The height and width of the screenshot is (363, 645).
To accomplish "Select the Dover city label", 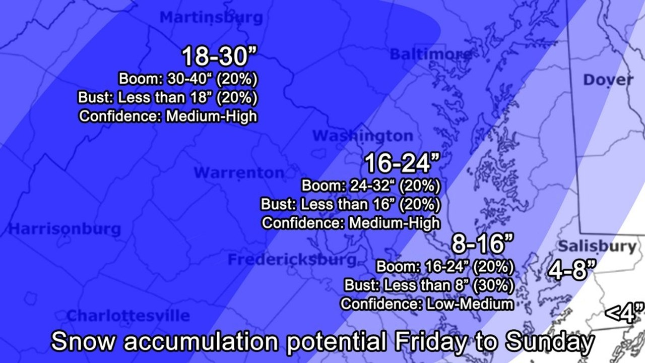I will pos(608,80).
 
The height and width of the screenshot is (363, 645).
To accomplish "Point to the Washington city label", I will pos(362,136).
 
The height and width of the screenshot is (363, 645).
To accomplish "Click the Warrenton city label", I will pos(239,173).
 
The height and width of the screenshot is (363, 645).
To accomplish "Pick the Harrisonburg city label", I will pos(65,229).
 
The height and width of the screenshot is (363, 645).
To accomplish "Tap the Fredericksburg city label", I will pos(292,260).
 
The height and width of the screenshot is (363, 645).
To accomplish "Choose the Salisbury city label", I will pos(597,247).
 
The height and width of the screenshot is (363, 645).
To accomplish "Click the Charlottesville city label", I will pos(128,316).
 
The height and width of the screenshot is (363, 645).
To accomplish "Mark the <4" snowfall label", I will pos(624,313).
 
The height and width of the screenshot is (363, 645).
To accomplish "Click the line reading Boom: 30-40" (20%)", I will pos(188,79).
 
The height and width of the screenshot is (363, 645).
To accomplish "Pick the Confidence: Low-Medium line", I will pos(427,304).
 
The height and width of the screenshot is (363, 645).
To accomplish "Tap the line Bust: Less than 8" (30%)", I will pos(429,285).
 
